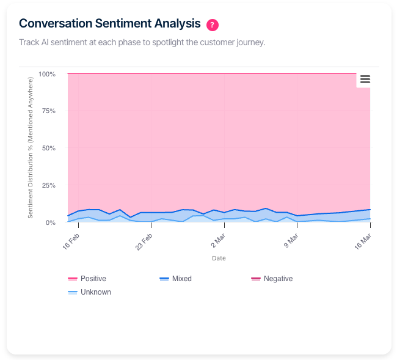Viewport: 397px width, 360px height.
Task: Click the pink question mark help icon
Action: click(213, 25)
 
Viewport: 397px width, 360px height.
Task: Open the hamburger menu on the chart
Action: click(365, 79)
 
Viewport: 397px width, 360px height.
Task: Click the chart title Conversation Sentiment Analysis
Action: click(110, 24)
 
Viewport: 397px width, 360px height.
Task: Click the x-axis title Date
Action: click(219, 259)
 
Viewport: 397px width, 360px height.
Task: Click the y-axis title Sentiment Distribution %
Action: click(31, 149)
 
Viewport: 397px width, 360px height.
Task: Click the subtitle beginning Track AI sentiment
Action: click(142, 43)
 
